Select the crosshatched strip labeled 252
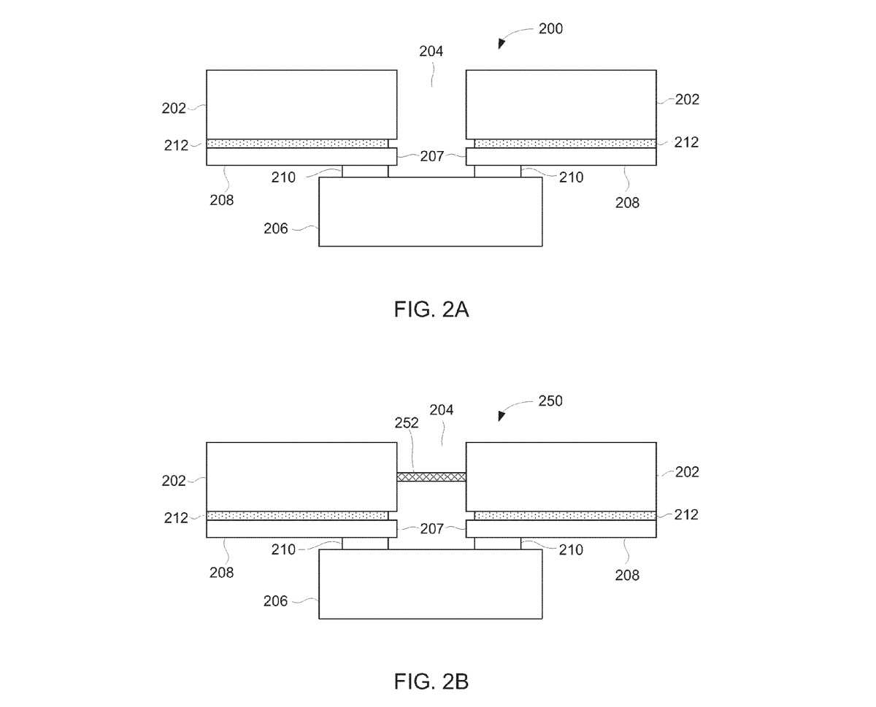coord(431,477)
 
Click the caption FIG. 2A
coord(431,310)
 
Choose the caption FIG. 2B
coord(431,682)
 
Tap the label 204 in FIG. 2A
coord(431,52)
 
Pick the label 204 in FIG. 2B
coord(442,411)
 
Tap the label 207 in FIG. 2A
coord(431,155)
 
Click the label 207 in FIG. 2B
coord(431,528)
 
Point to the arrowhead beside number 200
coord(502,45)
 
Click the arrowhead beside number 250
coord(502,417)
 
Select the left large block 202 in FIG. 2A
coord(301,104)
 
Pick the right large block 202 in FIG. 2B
coord(561,476)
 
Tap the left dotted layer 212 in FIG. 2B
coord(298,516)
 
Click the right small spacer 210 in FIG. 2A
coord(498,171)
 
